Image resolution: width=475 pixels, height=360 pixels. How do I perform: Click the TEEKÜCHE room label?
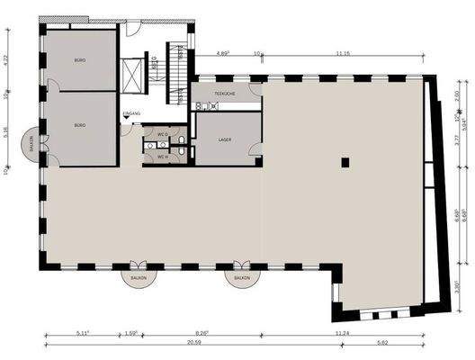(225, 94)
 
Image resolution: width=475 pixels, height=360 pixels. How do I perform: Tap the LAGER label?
(226, 139)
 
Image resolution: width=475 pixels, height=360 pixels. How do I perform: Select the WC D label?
(163, 135)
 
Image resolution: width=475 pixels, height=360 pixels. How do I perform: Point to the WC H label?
(163, 157)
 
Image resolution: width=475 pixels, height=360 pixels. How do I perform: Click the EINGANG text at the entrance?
(132, 112)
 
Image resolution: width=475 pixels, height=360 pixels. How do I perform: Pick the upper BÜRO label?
(79, 60)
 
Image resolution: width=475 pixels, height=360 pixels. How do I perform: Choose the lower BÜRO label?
(79, 124)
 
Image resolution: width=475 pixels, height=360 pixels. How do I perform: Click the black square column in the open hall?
(344, 162)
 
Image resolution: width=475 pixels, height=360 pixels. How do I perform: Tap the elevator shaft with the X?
(132, 73)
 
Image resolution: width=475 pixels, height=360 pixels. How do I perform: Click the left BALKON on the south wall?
(139, 276)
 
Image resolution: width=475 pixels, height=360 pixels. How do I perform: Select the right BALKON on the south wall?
(240, 276)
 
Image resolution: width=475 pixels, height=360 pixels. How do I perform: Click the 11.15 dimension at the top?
(343, 54)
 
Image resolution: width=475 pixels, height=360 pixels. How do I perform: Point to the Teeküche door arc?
(255, 90)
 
